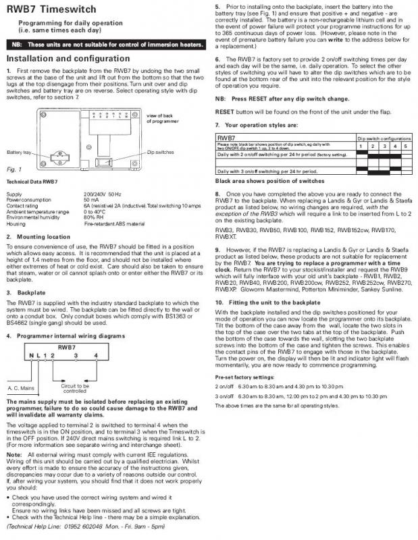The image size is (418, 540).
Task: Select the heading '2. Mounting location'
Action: tap(38, 237)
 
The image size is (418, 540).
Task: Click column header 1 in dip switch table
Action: tap(361, 145)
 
